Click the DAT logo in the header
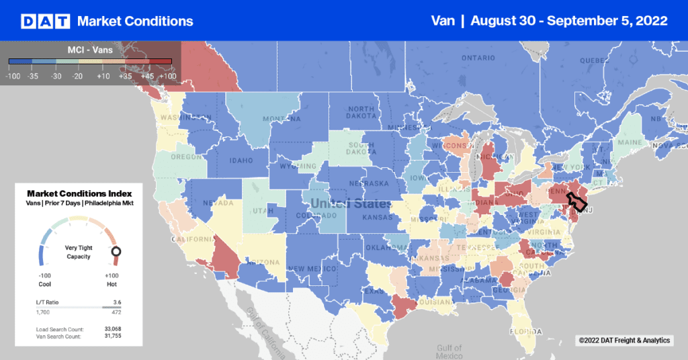pos(46,21)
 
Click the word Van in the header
pos(444,21)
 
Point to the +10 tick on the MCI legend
pos(103,77)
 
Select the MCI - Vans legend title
pos(90,50)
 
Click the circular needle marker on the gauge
pos(116,253)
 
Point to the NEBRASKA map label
pos(368,183)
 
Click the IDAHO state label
pos(241,161)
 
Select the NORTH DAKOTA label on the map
pos(361,114)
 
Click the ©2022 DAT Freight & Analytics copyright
pos(623,341)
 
